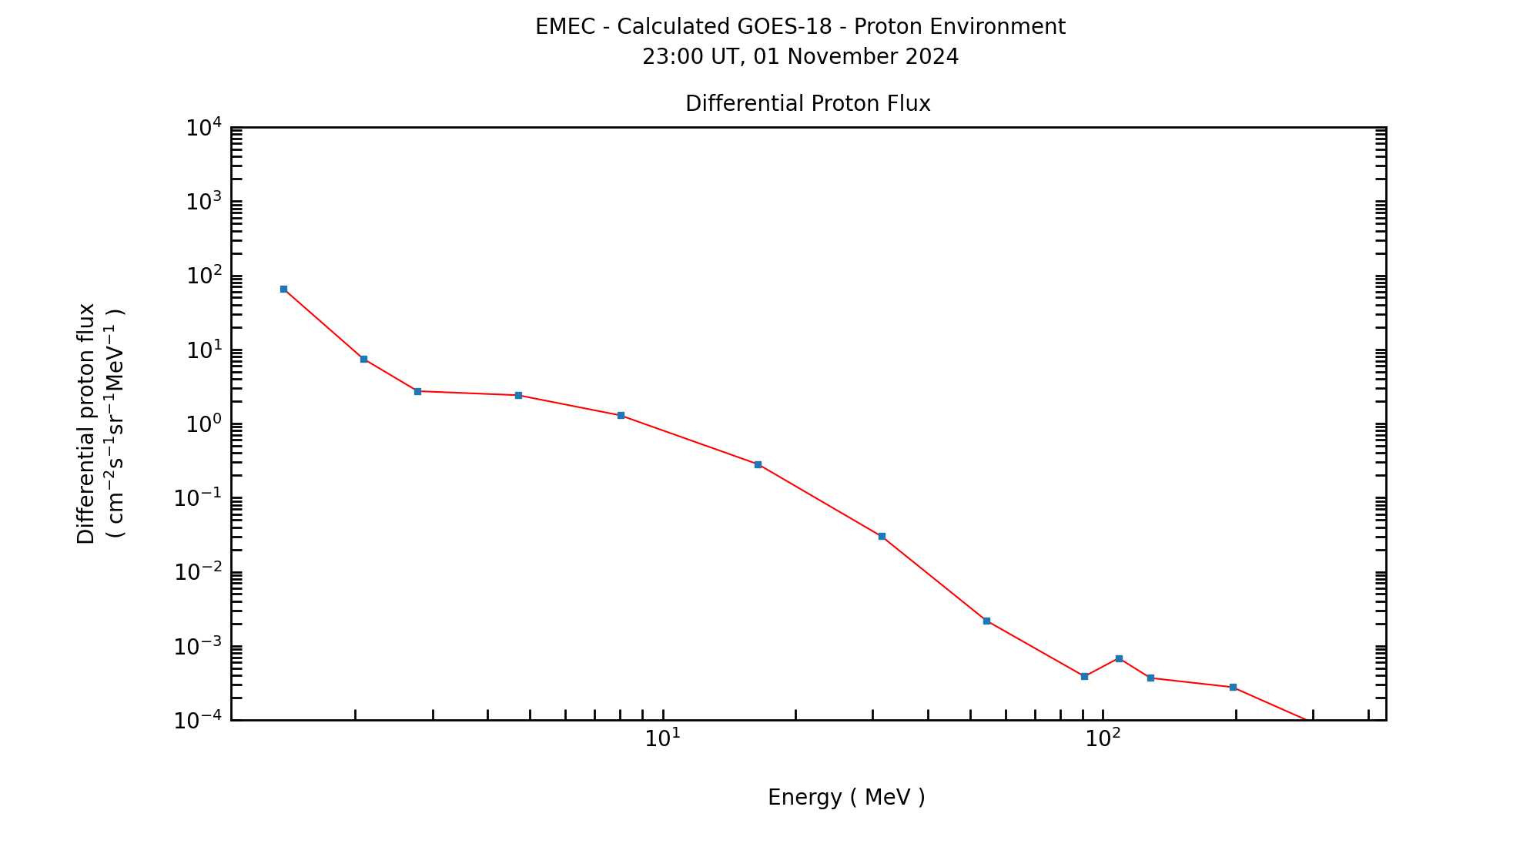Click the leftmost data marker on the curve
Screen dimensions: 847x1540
pyautogui.click(x=283, y=290)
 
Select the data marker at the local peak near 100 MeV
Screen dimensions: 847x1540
pyautogui.click(x=1119, y=658)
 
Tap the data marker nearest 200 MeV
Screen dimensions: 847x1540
pyautogui.click(x=1233, y=687)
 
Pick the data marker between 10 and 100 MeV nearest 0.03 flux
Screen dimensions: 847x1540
pyautogui.click(x=882, y=536)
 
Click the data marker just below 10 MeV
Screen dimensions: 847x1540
pyautogui.click(x=621, y=415)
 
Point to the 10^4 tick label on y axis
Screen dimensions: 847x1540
pyautogui.click(x=204, y=128)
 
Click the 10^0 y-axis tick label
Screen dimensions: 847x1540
pyautogui.click(x=204, y=424)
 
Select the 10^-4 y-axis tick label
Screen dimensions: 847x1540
pyautogui.click(x=198, y=721)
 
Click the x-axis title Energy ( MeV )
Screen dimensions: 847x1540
pyautogui.click(x=846, y=798)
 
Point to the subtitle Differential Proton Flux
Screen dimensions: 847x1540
pyautogui.click(x=808, y=104)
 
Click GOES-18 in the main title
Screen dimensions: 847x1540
pyautogui.click(x=785, y=27)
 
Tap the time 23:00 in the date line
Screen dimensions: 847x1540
pyautogui.click(x=668, y=57)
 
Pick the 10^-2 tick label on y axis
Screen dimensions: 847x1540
pyautogui.click(x=198, y=572)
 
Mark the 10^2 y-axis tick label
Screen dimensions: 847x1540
pyautogui.click(x=204, y=276)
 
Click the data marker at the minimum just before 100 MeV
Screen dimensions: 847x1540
pyautogui.click(x=1084, y=676)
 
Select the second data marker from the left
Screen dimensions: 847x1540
pyautogui.click(x=363, y=359)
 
